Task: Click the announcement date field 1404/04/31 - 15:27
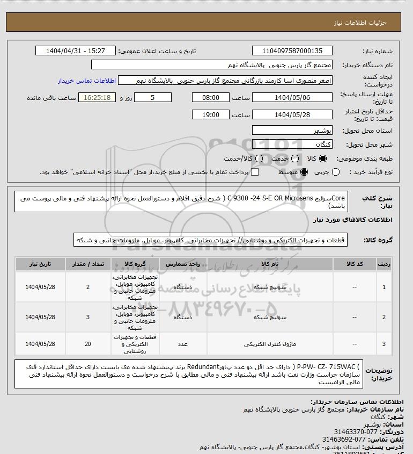pyautogui.click(x=75, y=51)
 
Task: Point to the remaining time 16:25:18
pyautogui.click(x=97, y=98)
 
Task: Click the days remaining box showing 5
pyautogui.click(x=153, y=98)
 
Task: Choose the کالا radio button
pyautogui.click(x=323, y=158)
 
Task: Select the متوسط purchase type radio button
pyautogui.click(x=304, y=172)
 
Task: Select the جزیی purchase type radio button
pyautogui.click(x=336, y=172)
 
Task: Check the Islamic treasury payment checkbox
pyautogui.click(x=255, y=172)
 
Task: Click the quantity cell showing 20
pyautogui.click(x=88, y=344)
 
